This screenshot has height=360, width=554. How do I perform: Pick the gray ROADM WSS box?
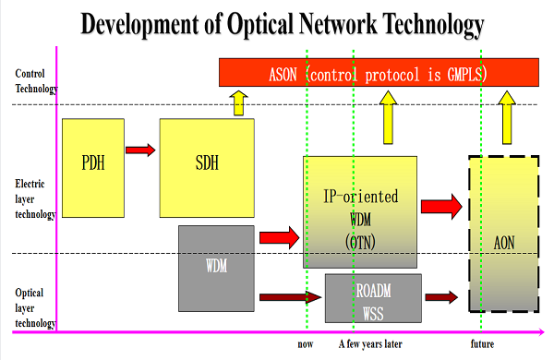click(373, 297)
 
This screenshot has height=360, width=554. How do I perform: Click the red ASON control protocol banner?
click(379, 72)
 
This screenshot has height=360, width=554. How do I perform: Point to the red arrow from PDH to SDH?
click(140, 150)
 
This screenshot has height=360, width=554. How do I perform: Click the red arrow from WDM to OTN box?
click(280, 237)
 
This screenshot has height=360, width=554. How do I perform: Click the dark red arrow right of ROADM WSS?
click(440, 297)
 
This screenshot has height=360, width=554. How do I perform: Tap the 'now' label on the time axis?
click(306, 345)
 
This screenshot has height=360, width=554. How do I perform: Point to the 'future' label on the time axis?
click(480, 345)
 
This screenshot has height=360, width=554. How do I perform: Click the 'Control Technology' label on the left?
click(36, 81)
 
